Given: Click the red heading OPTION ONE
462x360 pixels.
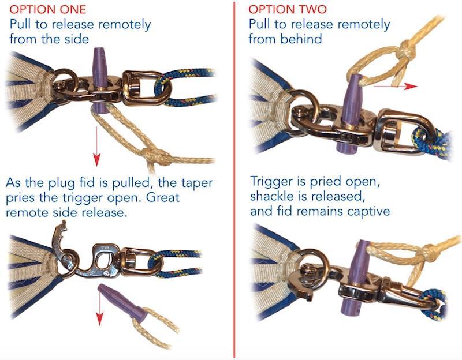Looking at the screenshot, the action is point(48,9).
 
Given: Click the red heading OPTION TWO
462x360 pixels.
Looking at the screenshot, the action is point(288,9).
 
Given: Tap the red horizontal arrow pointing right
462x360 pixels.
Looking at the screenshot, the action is point(396,86).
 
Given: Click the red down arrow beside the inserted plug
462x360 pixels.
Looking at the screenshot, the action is point(96,147).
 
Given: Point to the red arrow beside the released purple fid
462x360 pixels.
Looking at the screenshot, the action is point(100,307).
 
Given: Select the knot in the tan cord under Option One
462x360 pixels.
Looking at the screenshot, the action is point(156,156).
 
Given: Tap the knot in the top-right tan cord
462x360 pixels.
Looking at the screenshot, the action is point(405,50).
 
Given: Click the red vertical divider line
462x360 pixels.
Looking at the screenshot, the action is point(234,180).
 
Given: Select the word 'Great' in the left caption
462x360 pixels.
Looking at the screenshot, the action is point(163,197).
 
